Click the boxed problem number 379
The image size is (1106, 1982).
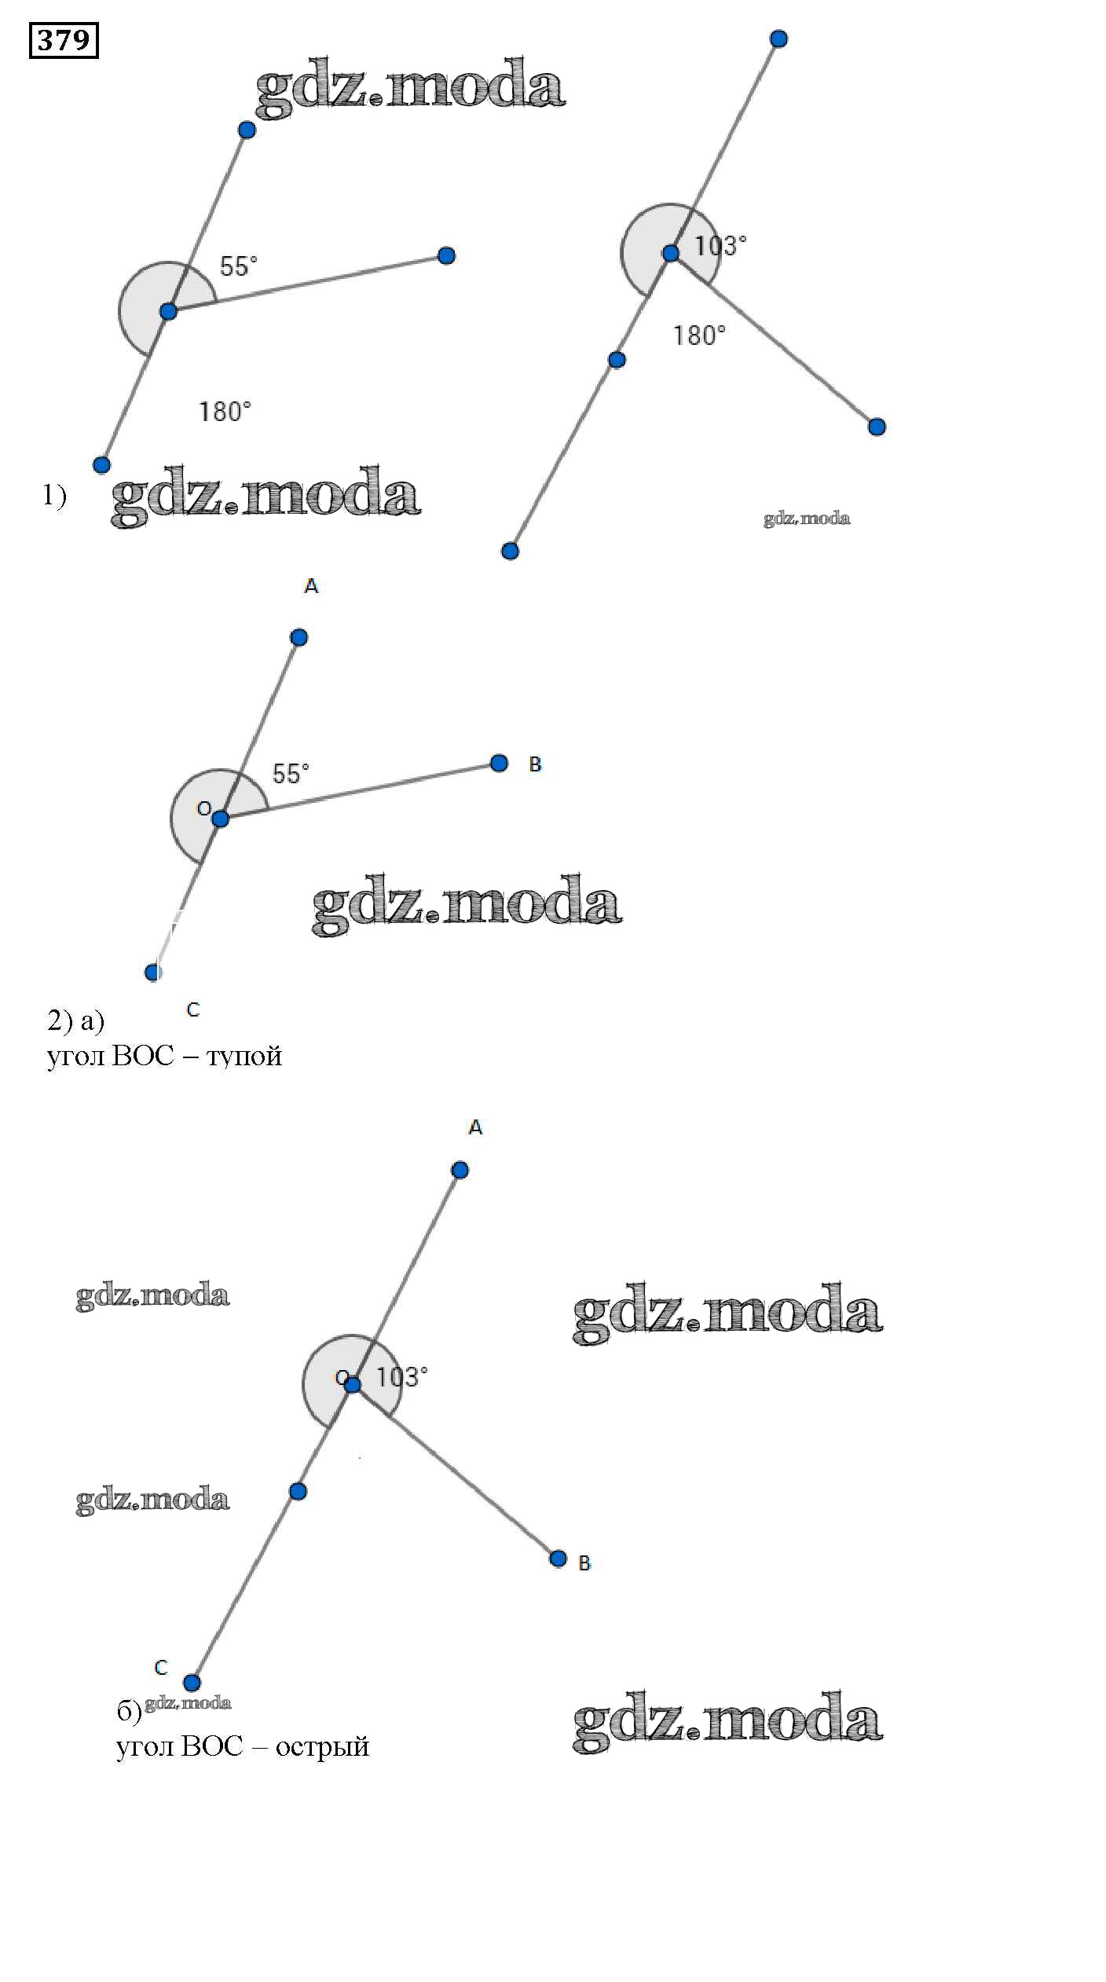(x=64, y=39)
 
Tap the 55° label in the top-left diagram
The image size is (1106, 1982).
(x=239, y=266)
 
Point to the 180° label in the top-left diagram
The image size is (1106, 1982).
(x=225, y=411)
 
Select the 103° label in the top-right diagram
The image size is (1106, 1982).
(x=720, y=246)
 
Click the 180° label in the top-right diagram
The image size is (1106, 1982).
(x=699, y=335)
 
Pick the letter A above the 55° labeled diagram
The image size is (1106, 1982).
(x=311, y=586)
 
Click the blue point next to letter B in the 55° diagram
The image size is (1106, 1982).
(x=499, y=763)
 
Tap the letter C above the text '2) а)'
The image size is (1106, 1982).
(x=193, y=1009)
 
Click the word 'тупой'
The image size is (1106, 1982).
(x=244, y=1056)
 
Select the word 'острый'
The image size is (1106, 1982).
(x=322, y=1746)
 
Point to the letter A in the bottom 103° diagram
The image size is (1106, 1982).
(x=475, y=1128)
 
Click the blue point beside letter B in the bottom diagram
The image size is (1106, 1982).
(x=558, y=1559)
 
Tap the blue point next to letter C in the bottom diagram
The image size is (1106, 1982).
(x=192, y=1683)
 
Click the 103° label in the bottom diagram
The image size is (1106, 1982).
(x=402, y=1377)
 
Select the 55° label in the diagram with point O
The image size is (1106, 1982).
(x=291, y=774)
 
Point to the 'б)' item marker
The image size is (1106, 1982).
(x=129, y=1712)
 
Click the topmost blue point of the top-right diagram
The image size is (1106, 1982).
(x=778, y=38)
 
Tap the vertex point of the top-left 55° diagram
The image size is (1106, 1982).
(x=168, y=312)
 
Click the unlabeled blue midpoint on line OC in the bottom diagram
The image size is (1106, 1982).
(x=298, y=1491)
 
